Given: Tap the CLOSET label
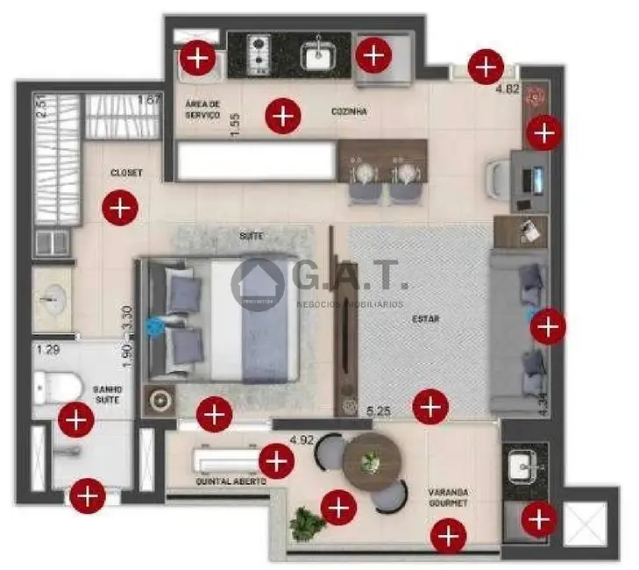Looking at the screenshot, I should point(126,173).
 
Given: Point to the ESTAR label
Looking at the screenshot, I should point(426,319).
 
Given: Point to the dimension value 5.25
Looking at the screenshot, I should point(379,410).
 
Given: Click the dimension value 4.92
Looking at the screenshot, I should point(302,439).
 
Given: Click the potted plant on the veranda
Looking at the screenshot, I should point(305,524).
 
